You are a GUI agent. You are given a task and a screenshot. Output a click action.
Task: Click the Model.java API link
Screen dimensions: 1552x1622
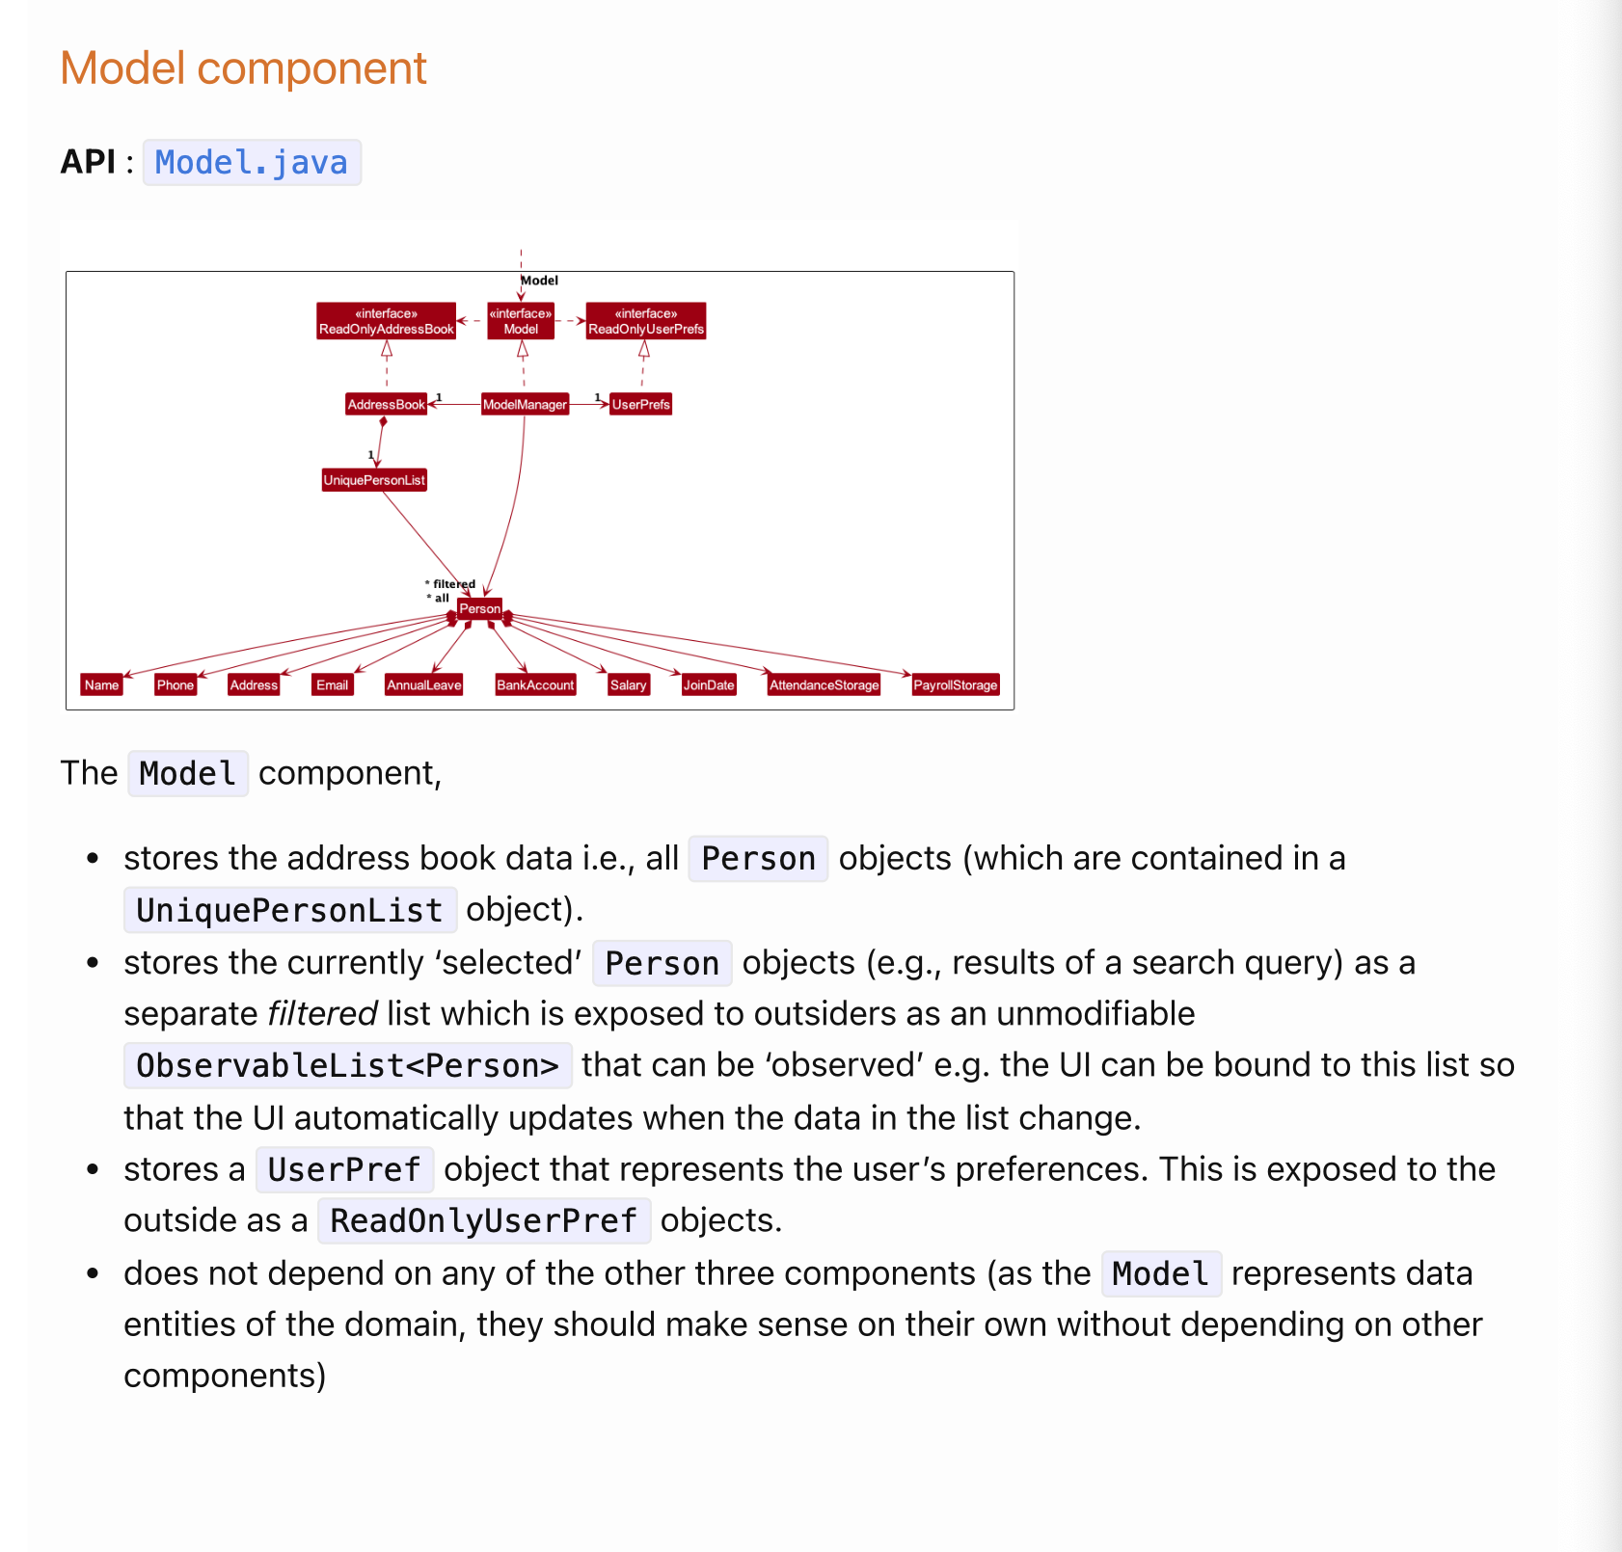point(251,163)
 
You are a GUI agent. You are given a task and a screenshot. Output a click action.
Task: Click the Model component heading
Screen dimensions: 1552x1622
point(243,68)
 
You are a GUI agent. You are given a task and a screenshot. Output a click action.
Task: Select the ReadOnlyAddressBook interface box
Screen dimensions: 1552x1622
point(386,321)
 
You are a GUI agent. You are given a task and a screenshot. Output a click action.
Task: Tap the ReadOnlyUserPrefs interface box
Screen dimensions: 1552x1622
point(645,321)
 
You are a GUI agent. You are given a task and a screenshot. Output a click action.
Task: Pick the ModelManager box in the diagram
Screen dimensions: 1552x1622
point(525,404)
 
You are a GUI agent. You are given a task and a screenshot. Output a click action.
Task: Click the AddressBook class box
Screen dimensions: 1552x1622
point(386,404)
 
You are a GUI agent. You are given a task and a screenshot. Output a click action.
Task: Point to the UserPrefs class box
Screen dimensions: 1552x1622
point(640,404)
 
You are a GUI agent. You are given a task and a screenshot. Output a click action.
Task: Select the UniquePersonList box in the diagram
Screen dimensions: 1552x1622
point(374,480)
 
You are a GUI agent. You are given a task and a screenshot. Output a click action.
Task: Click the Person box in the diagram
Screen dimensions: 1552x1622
point(479,608)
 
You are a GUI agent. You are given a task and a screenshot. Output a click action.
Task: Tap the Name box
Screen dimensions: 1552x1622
point(101,684)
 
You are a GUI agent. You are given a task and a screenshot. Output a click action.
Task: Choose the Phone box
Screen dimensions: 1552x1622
point(176,684)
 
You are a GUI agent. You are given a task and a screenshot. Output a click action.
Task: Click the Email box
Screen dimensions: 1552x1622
point(332,684)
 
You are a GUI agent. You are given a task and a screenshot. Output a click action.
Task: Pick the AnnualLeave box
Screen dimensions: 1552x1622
point(423,684)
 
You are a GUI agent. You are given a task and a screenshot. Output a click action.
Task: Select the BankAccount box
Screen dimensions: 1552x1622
point(535,684)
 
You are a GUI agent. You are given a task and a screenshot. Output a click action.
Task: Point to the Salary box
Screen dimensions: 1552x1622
point(628,684)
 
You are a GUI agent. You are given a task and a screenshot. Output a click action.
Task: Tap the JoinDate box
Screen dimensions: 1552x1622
point(709,684)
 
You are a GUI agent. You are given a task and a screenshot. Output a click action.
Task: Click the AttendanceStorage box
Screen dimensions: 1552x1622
point(824,684)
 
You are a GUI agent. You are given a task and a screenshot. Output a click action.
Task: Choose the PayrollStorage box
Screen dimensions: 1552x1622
point(955,684)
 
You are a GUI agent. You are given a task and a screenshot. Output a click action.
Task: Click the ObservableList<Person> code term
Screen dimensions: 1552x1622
point(347,1065)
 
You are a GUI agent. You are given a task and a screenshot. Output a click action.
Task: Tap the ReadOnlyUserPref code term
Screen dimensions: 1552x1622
point(483,1220)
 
